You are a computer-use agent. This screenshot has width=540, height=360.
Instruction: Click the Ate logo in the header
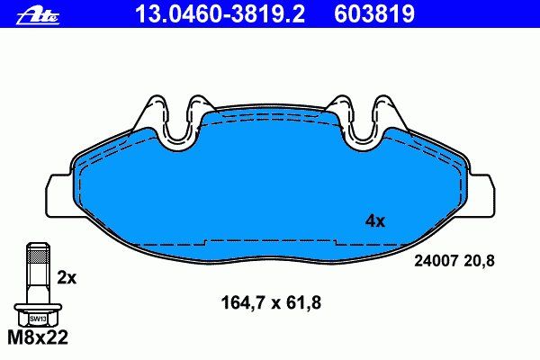point(38,16)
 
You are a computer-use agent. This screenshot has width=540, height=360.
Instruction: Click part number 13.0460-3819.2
point(220,14)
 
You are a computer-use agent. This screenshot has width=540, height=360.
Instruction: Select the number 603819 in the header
point(374,14)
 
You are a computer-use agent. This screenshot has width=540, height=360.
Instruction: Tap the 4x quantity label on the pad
point(375,220)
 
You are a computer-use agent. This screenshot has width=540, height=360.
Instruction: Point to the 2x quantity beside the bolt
point(67,278)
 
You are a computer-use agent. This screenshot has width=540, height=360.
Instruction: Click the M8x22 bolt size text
point(38,337)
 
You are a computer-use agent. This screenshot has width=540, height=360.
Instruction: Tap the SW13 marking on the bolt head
point(38,319)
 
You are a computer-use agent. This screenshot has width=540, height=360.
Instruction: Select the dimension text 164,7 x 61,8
point(271,302)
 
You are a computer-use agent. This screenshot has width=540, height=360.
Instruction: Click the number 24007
point(436,261)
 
